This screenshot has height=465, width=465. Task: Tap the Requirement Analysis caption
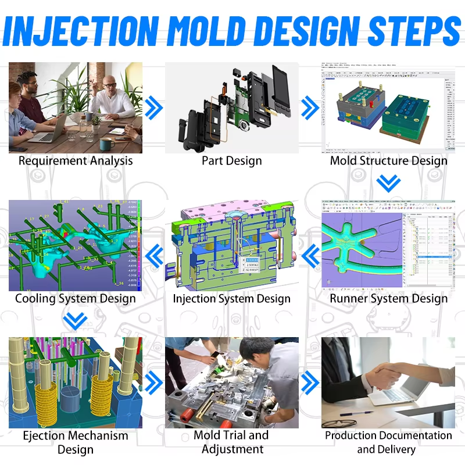[76, 161]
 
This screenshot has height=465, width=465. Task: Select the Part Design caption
[232, 161]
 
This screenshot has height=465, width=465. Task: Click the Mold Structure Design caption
[389, 161]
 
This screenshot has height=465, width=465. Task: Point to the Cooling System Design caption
[76, 299]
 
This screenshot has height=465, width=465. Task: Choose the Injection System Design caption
[232, 299]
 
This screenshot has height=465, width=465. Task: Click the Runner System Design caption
[389, 299]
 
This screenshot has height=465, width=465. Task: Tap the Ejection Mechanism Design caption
[76, 442]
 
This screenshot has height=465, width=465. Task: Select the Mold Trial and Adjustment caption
[232, 442]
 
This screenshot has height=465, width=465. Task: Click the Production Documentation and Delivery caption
[388, 442]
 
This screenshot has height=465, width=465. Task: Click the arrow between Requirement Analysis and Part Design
[153, 107]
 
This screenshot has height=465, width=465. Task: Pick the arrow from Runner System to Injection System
[310, 253]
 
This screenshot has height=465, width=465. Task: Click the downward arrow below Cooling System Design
[76, 320]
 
